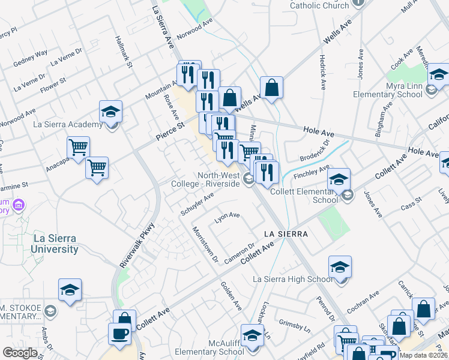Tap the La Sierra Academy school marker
click(x=111, y=111)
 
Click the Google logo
click(x=20, y=353)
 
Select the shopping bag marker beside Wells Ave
click(x=271, y=87)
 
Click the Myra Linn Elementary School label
click(x=388, y=89)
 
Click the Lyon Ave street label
click(x=228, y=216)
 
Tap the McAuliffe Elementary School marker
click(x=252, y=334)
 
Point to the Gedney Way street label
click(x=30, y=57)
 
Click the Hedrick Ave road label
click(x=322, y=72)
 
